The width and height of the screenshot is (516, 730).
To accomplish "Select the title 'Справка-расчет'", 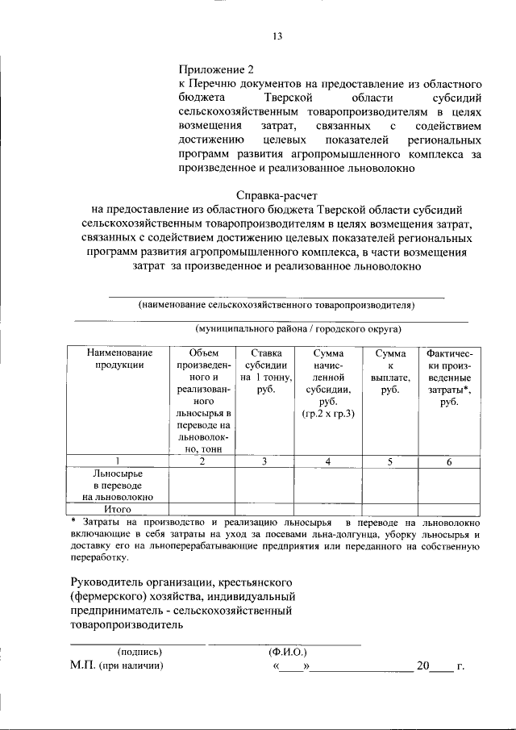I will tap(277, 196).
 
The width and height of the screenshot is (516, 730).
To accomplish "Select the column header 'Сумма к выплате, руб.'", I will tap(389, 371).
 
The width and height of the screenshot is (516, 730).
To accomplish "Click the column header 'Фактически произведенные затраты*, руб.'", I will tap(449, 378).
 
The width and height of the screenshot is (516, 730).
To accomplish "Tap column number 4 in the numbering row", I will tap(328, 461).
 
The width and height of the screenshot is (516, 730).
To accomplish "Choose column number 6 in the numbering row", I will tap(449, 461).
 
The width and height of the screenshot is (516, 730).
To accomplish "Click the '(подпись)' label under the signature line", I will tap(140, 652).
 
